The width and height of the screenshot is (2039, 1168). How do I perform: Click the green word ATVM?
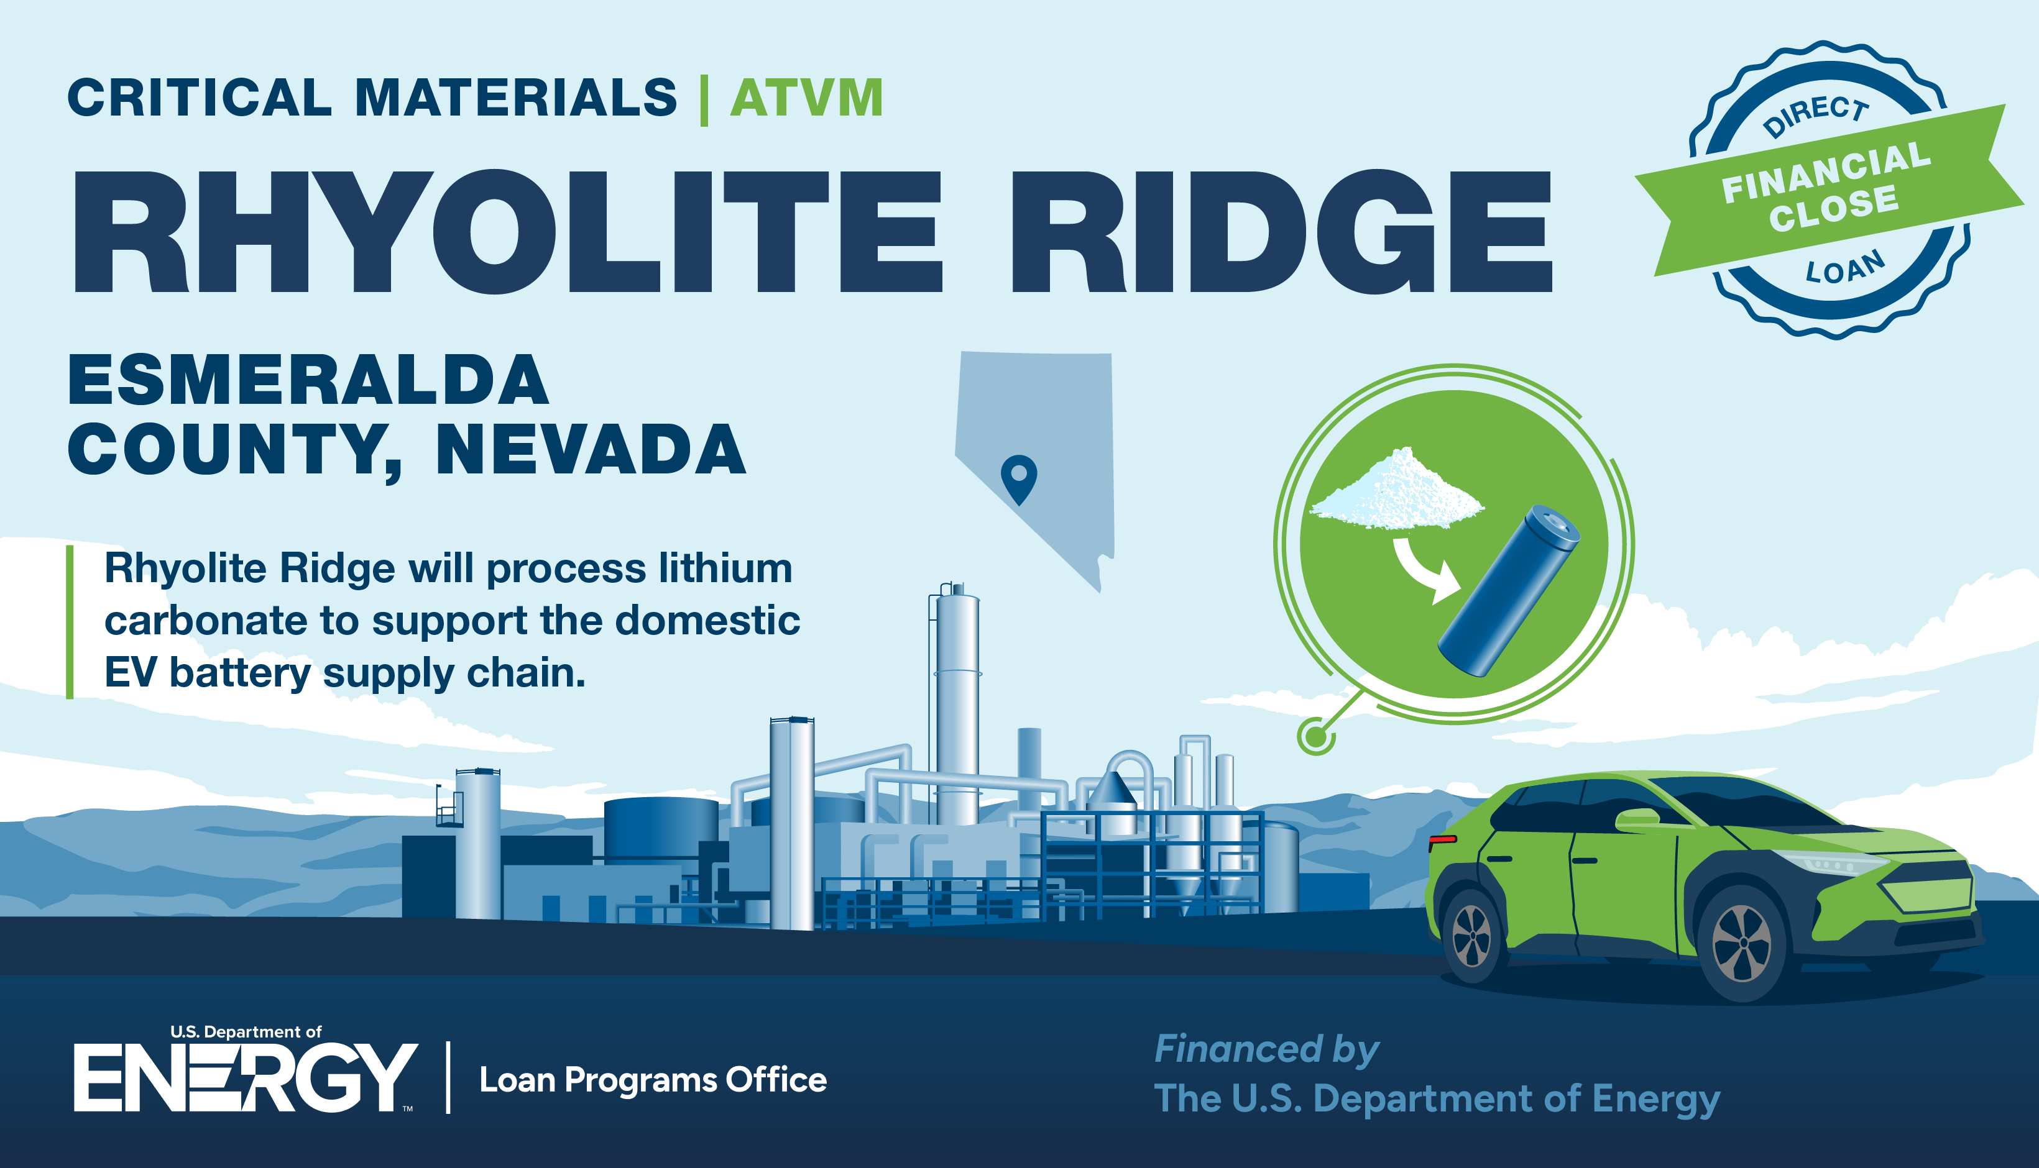[x=806, y=99]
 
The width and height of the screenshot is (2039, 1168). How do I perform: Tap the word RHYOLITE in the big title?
[x=507, y=231]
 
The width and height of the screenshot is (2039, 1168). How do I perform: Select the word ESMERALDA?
[x=309, y=380]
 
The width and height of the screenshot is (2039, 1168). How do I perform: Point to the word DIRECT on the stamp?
[x=1816, y=115]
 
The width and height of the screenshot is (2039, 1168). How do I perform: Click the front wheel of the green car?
[x=1741, y=943]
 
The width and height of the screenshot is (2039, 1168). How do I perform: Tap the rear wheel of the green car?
[x=1471, y=936]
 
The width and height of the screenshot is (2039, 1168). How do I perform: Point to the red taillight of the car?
[x=1443, y=839]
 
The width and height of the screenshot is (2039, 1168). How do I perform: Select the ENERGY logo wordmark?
[x=246, y=1077]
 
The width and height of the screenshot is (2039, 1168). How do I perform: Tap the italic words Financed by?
[x=1266, y=1049]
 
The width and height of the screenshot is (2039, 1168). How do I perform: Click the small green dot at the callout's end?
[x=1316, y=736]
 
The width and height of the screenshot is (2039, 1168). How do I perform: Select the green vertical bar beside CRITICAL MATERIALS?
[x=704, y=99]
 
